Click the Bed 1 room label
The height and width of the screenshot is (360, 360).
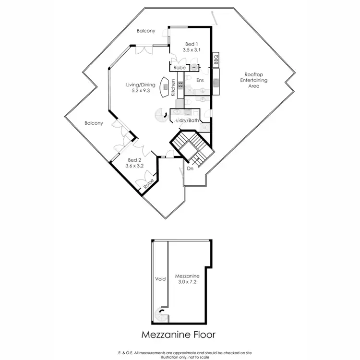pos(191,47)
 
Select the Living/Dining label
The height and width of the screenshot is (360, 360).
pos(141,85)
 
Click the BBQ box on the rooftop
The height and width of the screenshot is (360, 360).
pos(216,60)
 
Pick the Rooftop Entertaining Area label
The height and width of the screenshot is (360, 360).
pos(253,81)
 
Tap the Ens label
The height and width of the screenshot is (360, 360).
pos(201,81)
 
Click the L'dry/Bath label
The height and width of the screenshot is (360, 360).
pos(188,120)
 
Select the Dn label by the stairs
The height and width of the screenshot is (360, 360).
pos(190,168)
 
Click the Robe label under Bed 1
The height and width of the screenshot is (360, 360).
pos(180,68)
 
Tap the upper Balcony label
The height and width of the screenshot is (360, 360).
pos(146,31)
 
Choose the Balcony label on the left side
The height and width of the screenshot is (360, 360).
pos(94,123)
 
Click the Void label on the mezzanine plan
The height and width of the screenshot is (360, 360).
pos(160,278)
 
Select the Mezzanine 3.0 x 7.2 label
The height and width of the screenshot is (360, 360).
pos(185,280)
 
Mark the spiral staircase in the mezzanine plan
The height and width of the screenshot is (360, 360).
pos(161,316)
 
